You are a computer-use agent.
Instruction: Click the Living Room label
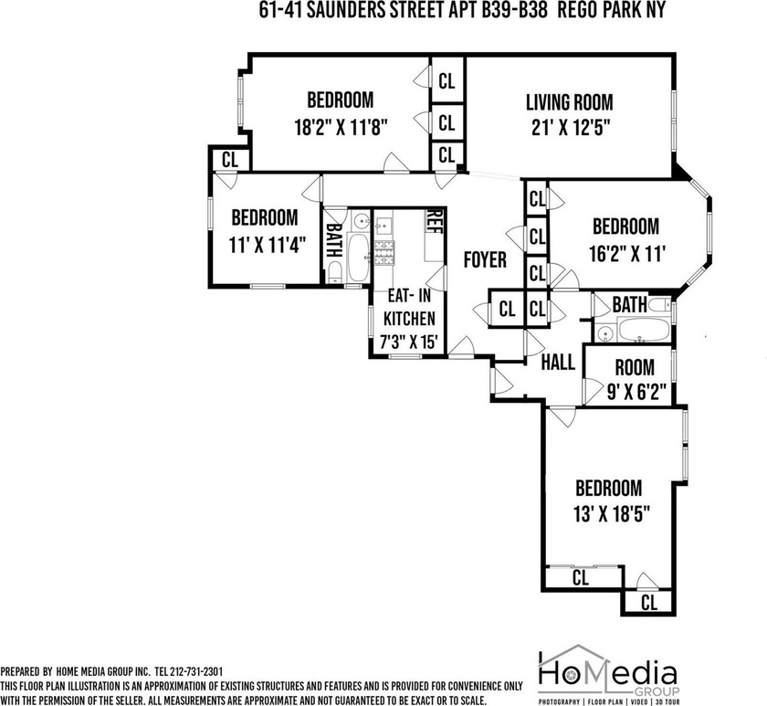568,102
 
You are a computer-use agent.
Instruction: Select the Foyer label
484,260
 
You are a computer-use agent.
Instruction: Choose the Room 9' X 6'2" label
634,368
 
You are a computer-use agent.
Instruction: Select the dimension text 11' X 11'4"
265,244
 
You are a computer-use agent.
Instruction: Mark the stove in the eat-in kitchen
383,248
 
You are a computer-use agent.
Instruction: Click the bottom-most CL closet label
648,603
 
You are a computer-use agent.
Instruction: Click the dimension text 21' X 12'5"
568,128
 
